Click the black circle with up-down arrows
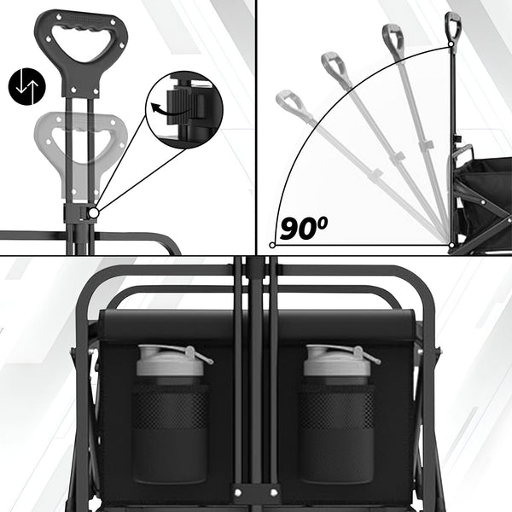[x=27, y=86]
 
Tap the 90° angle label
[x=303, y=228]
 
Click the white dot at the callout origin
[x=94, y=213]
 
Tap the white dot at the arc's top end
[x=451, y=44]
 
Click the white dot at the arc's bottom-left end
[x=272, y=245]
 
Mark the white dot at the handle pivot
[x=451, y=245]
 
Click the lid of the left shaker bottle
[x=171, y=360]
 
